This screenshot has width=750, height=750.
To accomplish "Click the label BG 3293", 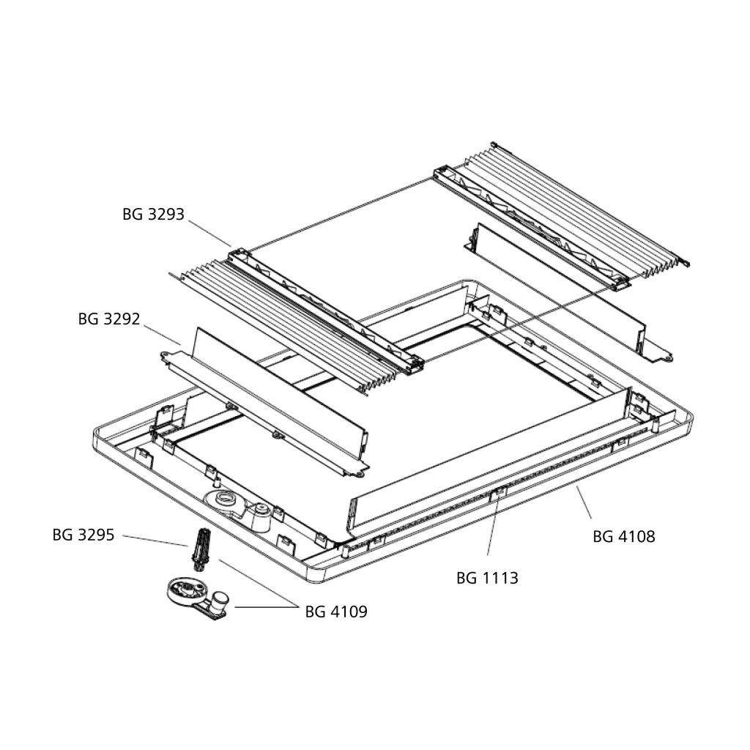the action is pyautogui.click(x=153, y=214).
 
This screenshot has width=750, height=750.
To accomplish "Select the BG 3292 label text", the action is pyautogui.click(x=109, y=319).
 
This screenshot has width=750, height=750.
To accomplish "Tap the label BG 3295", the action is pyautogui.click(x=83, y=534).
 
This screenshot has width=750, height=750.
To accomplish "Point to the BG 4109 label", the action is pyautogui.click(x=336, y=612).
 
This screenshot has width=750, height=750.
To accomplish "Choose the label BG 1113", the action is pyautogui.click(x=487, y=578).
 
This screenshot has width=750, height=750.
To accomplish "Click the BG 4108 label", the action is pyautogui.click(x=624, y=536).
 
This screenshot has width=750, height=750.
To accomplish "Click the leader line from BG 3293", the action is pyautogui.click(x=209, y=233).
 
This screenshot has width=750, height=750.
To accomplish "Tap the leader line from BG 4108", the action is pyautogui.click(x=584, y=502).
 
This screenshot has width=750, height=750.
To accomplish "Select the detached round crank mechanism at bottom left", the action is pyautogui.click(x=198, y=597).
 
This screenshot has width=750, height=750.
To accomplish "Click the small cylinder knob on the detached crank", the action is pyautogui.click(x=220, y=602).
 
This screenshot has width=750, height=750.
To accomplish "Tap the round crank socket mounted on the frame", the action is pyautogui.click(x=225, y=501).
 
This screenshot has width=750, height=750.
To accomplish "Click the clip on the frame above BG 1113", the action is pyautogui.click(x=498, y=491).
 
